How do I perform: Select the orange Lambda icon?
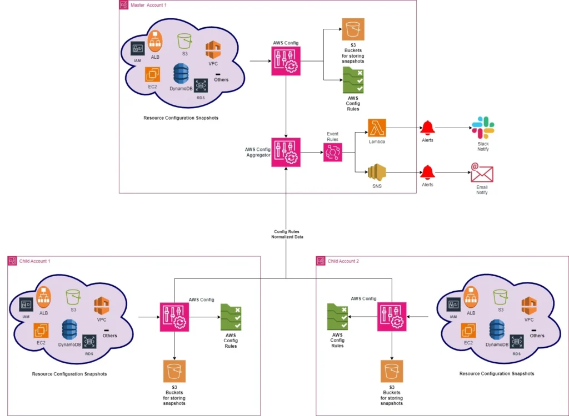(377, 127)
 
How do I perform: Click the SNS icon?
(377, 173)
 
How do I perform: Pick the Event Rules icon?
(332, 151)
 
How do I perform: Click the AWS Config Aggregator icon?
(286, 151)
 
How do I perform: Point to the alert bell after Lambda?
(427, 128)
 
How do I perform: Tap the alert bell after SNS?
(427, 173)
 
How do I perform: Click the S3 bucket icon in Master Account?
(353, 29)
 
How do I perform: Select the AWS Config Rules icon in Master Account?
(353, 81)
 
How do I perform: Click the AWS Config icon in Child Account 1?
(174, 317)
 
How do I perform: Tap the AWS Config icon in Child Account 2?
(392, 317)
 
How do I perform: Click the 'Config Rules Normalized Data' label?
(287, 234)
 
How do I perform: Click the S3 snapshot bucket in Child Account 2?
(392, 371)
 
